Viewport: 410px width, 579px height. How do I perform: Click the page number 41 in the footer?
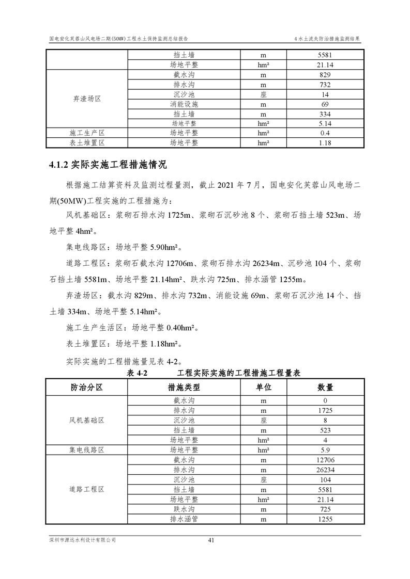pyautogui.click(x=211, y=540)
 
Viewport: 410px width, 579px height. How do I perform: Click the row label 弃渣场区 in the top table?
pyautogui.click(x=86, y=99)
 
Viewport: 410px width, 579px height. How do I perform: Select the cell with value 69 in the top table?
pyautogui.click(x=325, y=104)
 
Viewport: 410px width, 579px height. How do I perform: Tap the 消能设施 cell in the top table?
pyautogui.click(x=184, y=104)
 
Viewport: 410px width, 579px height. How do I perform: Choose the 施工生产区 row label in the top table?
pyautogui.click(x=86, y=133)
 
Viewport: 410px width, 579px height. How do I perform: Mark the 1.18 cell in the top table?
pyautogui.click(x=325, y=143)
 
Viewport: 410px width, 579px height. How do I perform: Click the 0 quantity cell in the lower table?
pyautogui.click(x=325, y=401)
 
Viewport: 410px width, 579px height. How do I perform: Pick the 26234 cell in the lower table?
pyautogui.click(x=325, y=470)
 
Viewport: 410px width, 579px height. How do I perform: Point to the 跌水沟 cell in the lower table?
pyautogui.click(x=184, y=509)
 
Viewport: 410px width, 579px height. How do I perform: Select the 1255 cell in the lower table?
pyautogui.click(x=325, y=519)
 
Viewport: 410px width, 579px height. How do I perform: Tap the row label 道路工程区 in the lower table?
pyautogui.click(x=86, y=489)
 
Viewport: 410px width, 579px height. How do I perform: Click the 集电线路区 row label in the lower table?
pyautogui.click(x=86, y=450)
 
